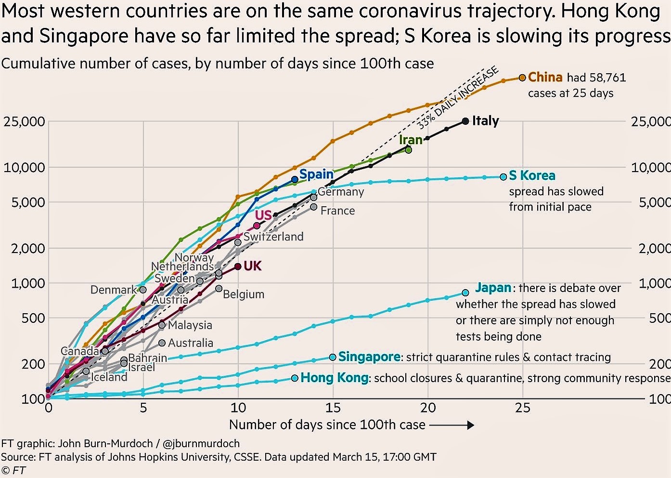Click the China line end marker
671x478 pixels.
tap(522, 78)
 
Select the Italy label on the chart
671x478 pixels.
tap(485, 120)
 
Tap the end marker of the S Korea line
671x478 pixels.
tap(503, 177)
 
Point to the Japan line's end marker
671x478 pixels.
tap(465, 292)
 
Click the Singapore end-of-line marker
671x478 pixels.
tap(333, 357)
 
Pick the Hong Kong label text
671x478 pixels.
tap(335, 377)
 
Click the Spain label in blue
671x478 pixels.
tap(316, 174)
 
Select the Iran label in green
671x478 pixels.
tap(411, 140)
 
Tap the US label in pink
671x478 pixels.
tap(263, 215)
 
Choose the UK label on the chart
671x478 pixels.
tap(253, 266)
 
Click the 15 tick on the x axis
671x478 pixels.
tap(333, 408)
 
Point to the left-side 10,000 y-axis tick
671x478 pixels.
tap(24, 167)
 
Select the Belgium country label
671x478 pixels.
tap(244, 294)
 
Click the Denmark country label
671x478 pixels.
tap(114, 290)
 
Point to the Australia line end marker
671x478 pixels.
tap(162, 343)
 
